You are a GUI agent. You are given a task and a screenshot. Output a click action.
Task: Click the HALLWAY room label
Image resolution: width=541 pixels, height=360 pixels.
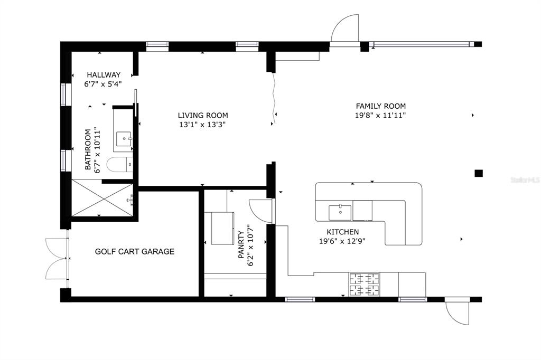104,74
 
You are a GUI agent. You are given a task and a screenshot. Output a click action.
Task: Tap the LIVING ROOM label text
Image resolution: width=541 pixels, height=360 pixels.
203,116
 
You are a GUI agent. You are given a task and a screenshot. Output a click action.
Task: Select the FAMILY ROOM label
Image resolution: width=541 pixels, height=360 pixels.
380,106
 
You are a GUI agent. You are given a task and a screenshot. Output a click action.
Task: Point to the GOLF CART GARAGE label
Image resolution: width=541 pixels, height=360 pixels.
135,251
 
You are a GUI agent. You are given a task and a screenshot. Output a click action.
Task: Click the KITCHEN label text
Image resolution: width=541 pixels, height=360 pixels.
342,232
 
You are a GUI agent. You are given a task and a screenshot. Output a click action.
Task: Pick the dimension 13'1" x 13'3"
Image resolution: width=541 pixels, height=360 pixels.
202,125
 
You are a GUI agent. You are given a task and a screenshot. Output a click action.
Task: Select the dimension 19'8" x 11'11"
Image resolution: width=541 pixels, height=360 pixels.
380,115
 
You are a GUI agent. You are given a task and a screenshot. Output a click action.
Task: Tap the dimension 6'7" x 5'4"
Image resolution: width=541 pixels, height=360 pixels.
103,84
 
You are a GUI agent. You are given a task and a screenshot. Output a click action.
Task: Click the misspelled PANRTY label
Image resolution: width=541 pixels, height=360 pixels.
241,244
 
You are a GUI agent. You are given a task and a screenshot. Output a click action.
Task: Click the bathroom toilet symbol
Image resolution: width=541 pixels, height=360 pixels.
119,165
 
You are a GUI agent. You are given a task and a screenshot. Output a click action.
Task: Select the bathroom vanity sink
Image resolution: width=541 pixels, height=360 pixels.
124,139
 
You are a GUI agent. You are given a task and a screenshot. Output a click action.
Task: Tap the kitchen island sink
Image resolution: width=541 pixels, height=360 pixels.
340,212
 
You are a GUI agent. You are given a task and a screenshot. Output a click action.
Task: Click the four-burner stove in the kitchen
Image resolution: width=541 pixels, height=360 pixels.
364,285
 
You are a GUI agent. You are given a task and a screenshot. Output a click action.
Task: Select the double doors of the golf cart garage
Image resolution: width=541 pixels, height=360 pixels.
57,258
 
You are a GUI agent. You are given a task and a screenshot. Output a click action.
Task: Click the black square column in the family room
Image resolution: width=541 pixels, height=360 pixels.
478,173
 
